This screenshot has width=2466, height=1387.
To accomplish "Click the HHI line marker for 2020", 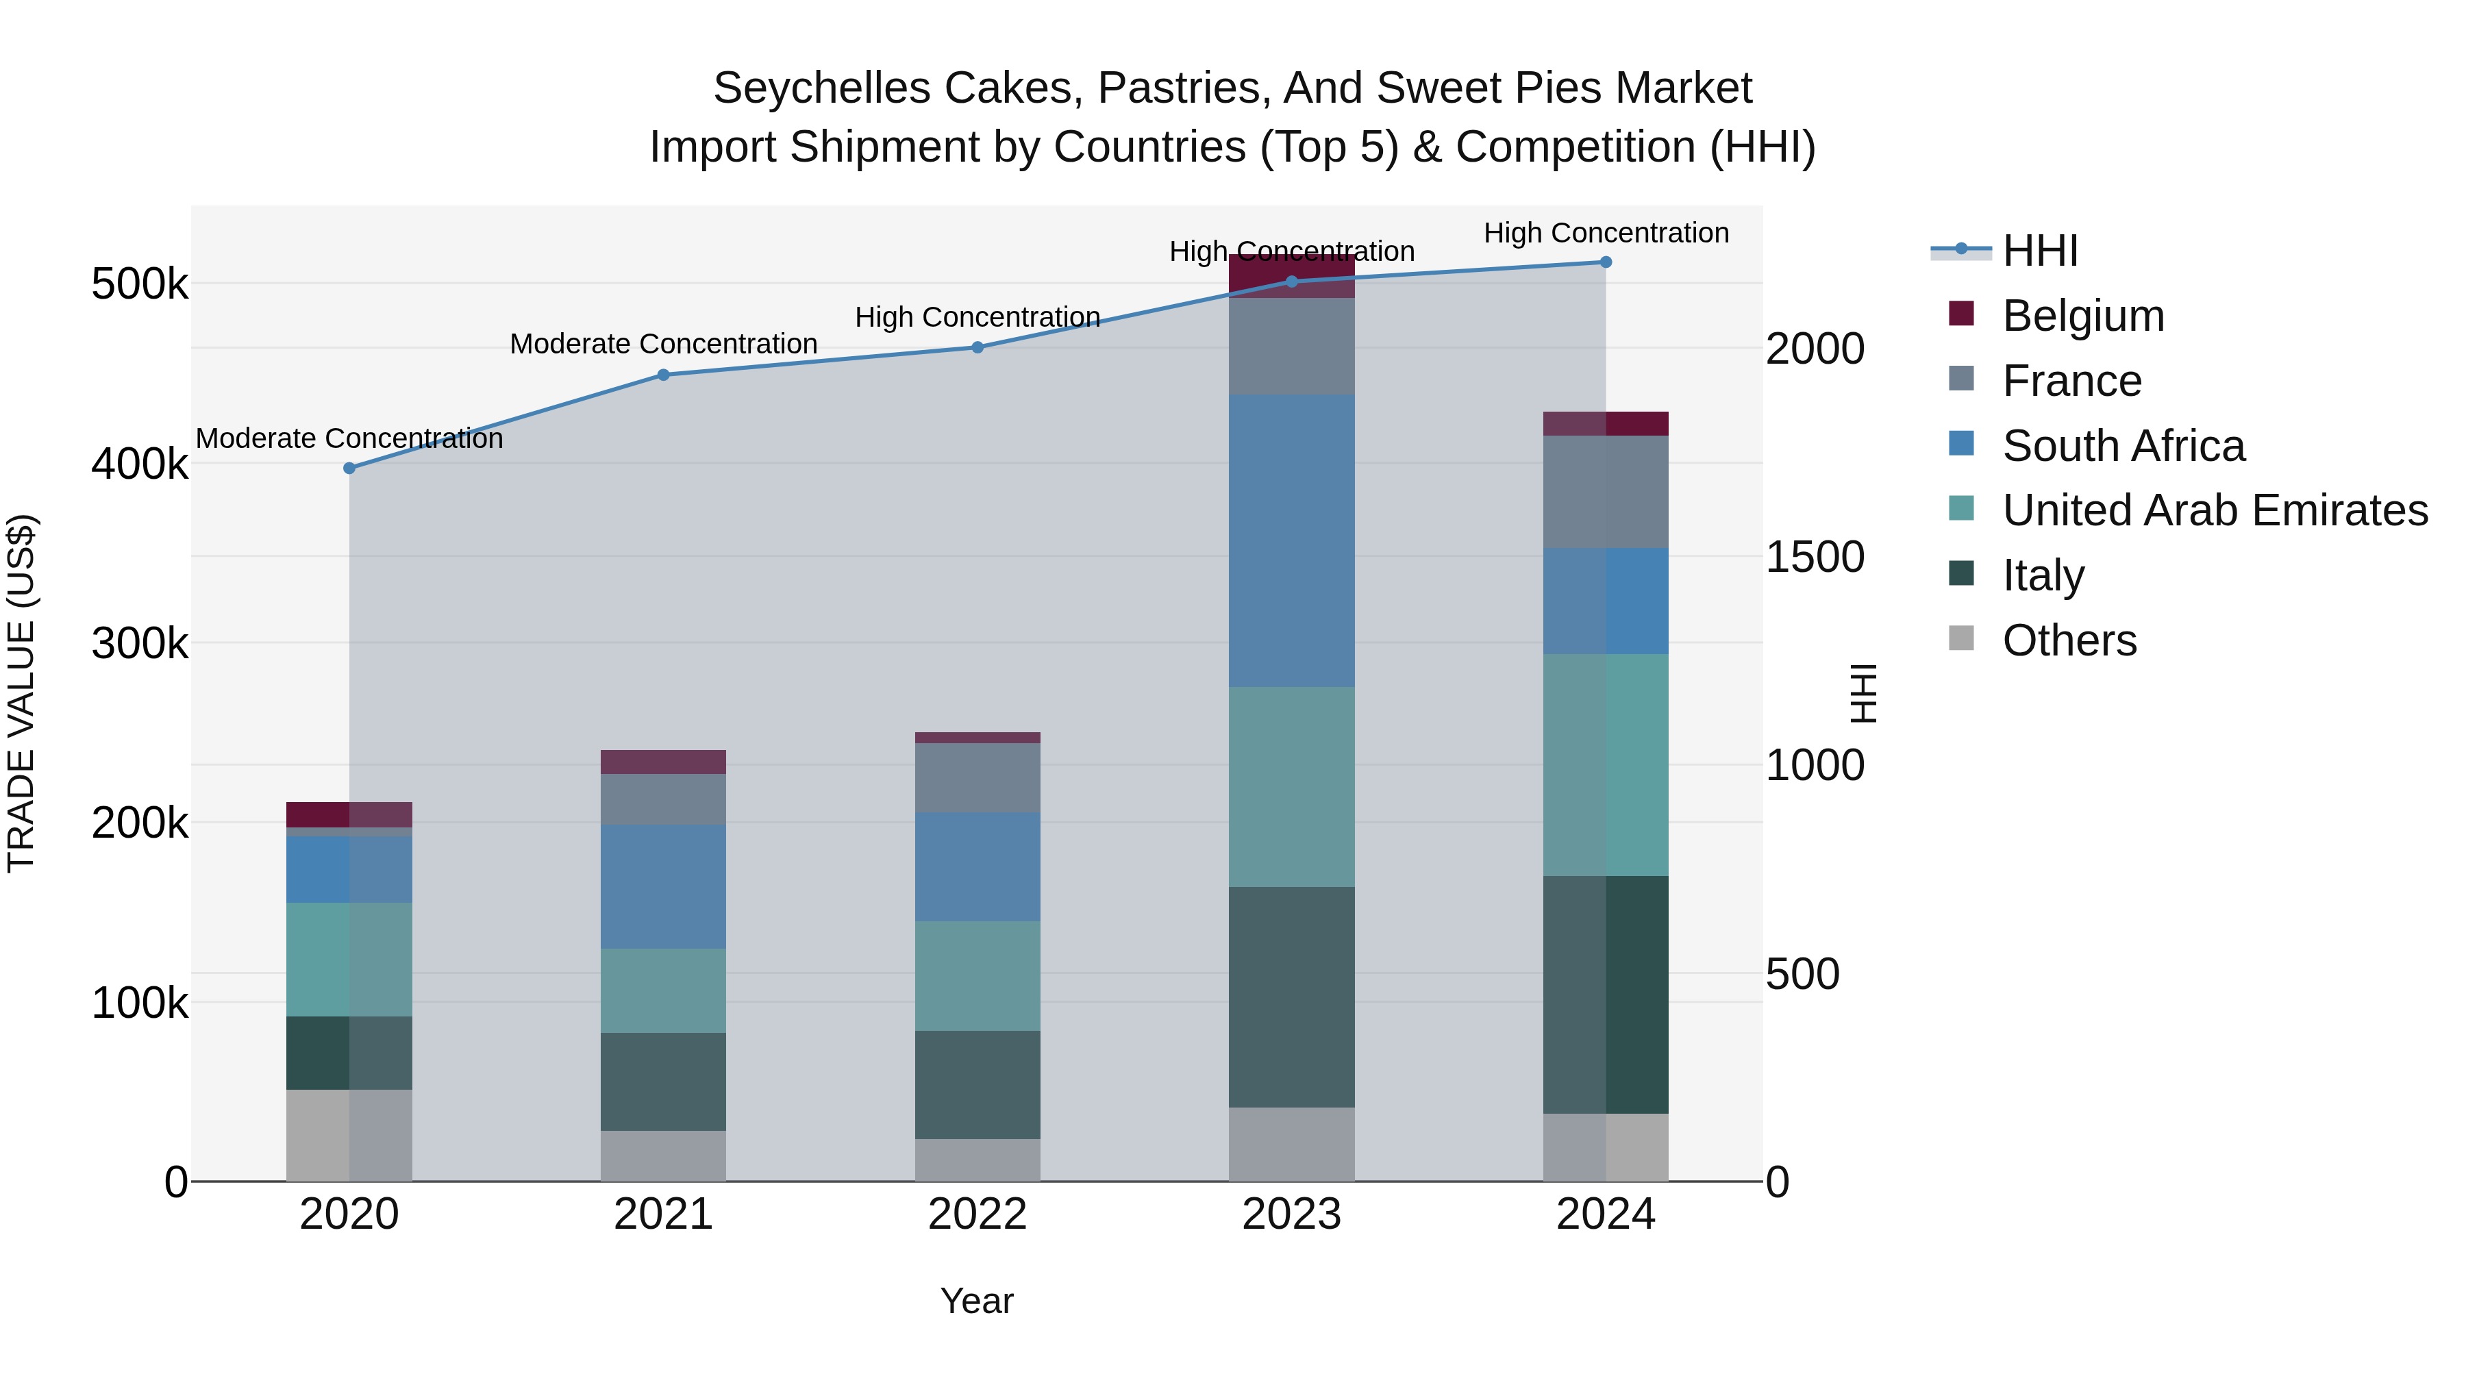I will [x=349, y=468].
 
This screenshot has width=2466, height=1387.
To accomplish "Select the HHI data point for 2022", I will [x=977, y=347].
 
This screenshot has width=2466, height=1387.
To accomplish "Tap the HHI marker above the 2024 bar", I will [x=1606, y=262].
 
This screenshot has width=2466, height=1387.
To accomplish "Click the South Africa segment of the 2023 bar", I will [x=1291, y=541].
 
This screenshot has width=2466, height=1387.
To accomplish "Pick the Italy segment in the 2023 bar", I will [x=1291, y=997].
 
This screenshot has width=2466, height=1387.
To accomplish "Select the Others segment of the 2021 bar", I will [x=662, y=1155].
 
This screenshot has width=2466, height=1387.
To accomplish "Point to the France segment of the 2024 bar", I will [x=1606, y=492].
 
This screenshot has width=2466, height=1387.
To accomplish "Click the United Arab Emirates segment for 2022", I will [x=977, y=975].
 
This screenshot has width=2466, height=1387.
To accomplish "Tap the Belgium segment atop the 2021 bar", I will [x=662, y=762].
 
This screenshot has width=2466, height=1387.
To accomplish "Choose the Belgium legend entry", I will [x=2082, y=316].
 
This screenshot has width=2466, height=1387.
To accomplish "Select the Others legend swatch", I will [x=1962, y=638].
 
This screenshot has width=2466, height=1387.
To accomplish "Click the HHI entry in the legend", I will [x=2039, y=251].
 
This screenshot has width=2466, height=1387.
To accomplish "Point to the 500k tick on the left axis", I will [x=140, y=284].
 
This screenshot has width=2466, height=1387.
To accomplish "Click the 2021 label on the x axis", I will [x=662, y=1214].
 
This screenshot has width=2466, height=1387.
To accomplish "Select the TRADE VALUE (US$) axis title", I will [x=21, y=693].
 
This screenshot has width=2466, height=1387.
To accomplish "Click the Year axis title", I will [x=976, y=1301].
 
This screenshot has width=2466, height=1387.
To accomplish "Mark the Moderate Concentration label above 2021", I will [x=663, y=344].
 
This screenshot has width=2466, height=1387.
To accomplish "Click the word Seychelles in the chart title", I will [x=821, y=88].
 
